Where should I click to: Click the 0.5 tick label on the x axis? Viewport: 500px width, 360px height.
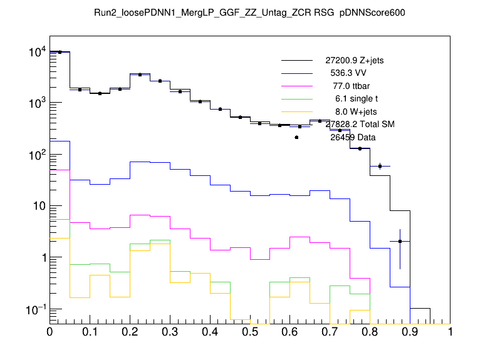[250, 332]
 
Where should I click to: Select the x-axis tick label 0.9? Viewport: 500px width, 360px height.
[410, 332]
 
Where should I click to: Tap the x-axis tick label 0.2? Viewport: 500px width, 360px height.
[130, 332]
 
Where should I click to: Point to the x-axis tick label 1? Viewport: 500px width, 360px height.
[451, 332]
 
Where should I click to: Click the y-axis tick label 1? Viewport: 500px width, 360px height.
[41, 258]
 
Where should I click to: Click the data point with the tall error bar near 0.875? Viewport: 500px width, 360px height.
[400, 241]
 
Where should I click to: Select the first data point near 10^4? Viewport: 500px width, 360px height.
[60, 52]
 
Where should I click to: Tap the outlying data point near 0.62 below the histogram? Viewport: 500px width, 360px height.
[296, 137]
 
